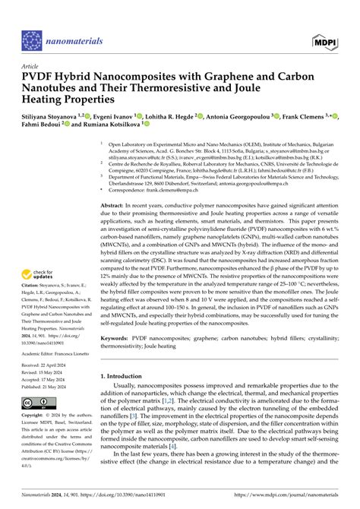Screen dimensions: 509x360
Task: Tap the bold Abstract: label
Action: (114, 184)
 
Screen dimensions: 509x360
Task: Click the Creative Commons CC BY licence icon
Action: (34, 401)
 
